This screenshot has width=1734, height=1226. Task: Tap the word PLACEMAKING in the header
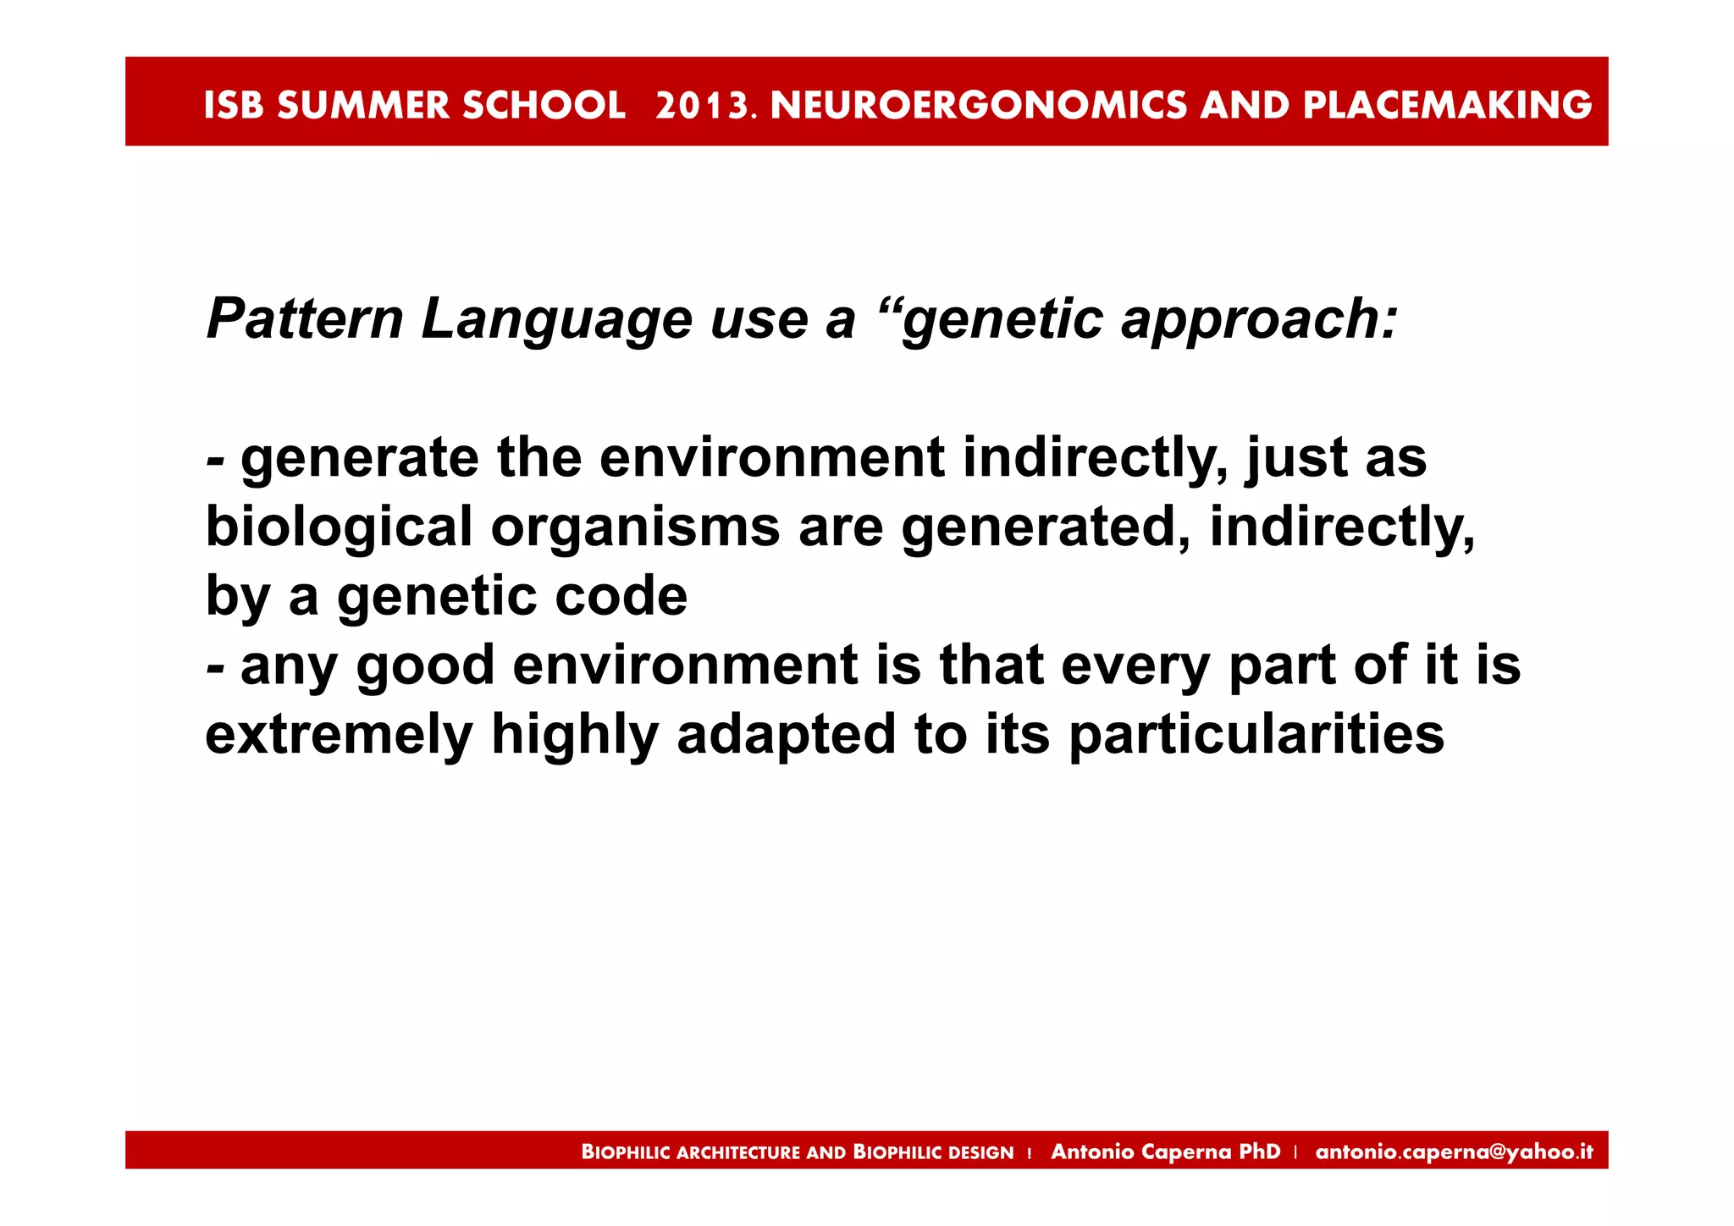point(1447,106)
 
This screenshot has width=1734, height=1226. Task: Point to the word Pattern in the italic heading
point(305,319)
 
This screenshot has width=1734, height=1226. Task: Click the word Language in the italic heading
point(556,321)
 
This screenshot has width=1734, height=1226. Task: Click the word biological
point(339,527)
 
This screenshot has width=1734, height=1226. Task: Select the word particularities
point(1256,735)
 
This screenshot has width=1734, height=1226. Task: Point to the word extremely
point(339,735)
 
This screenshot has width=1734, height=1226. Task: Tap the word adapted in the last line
point(786,735)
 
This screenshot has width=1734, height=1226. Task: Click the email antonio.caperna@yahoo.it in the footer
point(1454,1151)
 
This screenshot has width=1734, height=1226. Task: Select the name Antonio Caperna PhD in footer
point(1165,1151)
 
